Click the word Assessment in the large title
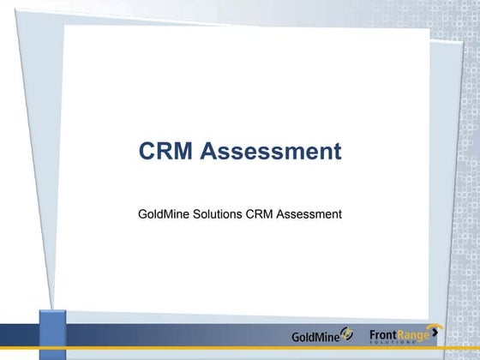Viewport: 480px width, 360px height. [x=271, y=152]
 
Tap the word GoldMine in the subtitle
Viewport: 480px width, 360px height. [x=163, y=213]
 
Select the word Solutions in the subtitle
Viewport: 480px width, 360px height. [x=217, y=213]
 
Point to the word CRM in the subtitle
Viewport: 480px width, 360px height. [x=260, y=213]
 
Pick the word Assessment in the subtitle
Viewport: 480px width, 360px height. [x=309, y=213]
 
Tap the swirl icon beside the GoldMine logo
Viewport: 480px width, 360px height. [x=346, y=333]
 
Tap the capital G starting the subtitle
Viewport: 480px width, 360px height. [x=143, y=213]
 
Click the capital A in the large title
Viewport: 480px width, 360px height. [x=210, y=152]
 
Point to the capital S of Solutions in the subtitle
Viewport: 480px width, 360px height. [x=195, y=213]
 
